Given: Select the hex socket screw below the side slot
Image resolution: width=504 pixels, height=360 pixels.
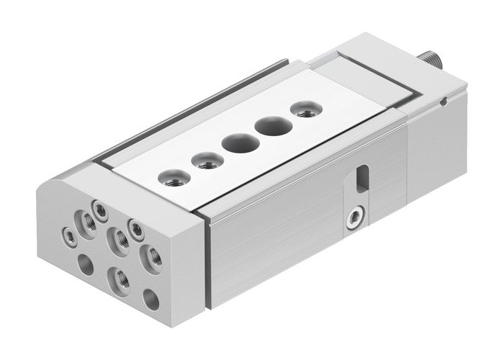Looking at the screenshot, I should tap(353, 217).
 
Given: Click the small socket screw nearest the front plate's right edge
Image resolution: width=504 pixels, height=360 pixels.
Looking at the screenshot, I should tap(134, 228).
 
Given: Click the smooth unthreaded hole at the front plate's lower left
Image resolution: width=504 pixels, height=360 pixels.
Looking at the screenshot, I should tap(84, 265).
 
